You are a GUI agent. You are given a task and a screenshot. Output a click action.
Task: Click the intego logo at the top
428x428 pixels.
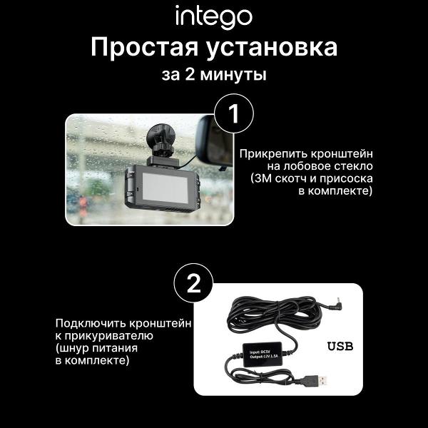(213, 15)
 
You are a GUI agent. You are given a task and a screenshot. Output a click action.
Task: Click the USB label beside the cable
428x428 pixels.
(340, 347)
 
